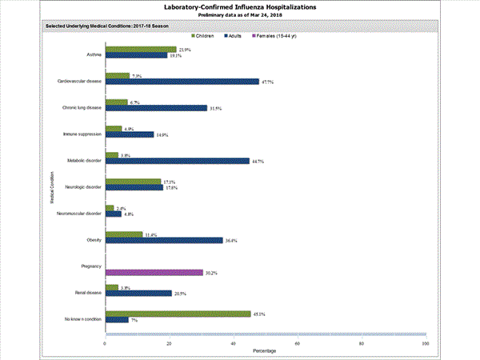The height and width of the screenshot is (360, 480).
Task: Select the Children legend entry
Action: point(207,37)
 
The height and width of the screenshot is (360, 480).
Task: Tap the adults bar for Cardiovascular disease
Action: point(182,81)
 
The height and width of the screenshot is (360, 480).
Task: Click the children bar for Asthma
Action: point(141,50)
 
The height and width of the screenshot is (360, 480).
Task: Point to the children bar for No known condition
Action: point(178,314)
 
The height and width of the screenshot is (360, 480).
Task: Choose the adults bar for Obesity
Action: point(164,240)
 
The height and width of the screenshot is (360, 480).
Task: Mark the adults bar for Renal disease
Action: point(138,293)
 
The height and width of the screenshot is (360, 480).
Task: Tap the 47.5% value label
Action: point(268,82)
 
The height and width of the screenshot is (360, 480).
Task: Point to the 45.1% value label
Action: point(260,314)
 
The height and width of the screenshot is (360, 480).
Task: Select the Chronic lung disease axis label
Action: point(81,107)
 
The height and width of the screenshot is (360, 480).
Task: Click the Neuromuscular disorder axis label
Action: point(78,214)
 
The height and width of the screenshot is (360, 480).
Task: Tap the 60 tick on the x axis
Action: point(297,343)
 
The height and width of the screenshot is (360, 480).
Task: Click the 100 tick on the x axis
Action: point(425,343)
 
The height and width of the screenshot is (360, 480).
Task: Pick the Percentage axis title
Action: point(265,351)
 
